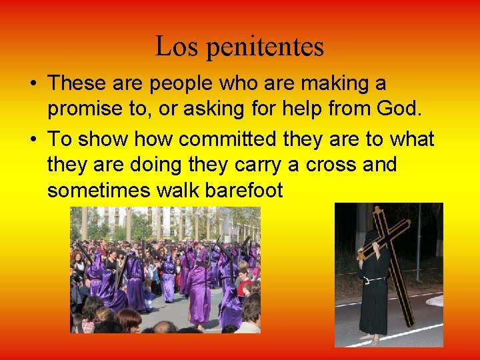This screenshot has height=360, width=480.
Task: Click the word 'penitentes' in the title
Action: pyautogui.click(x=265, y=47)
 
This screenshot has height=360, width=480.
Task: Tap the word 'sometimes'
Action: pyautogui.click(x=99, y=191)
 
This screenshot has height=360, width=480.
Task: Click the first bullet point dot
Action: pyautogui.click(x=33, y=85)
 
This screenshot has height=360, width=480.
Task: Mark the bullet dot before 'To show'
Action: pyautogui.click(x=33, y=139)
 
